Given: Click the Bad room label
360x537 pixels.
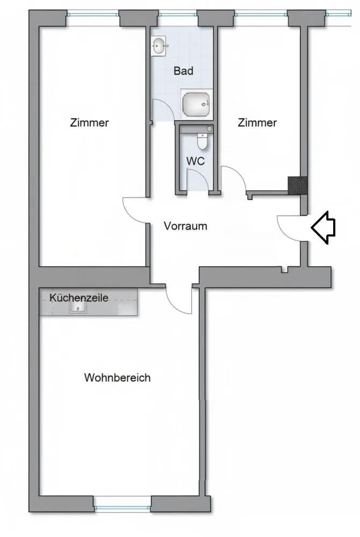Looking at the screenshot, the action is tap(183, 71).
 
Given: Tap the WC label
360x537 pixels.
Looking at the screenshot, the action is tap(196, 161).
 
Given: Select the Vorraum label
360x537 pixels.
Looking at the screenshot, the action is tap(185, 226).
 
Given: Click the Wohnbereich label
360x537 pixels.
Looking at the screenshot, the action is tap(117, 378).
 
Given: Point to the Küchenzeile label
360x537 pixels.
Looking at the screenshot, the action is tap(79, 297).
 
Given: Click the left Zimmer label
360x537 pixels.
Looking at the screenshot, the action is tap(89, 122).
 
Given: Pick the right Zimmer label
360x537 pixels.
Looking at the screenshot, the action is tap(257, 122).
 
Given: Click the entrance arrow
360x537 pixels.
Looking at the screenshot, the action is tap(323, 227).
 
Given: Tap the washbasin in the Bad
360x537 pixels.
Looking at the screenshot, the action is tap(159, 46).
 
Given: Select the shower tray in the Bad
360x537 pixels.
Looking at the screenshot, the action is tap(196, 104).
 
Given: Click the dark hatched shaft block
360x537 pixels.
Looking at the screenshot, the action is tap(297, 186).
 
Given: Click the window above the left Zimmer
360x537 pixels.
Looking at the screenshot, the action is tap(93, 14).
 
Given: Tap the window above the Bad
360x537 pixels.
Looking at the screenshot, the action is tap(178, 14).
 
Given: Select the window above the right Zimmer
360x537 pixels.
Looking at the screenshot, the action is tap(261, 14).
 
